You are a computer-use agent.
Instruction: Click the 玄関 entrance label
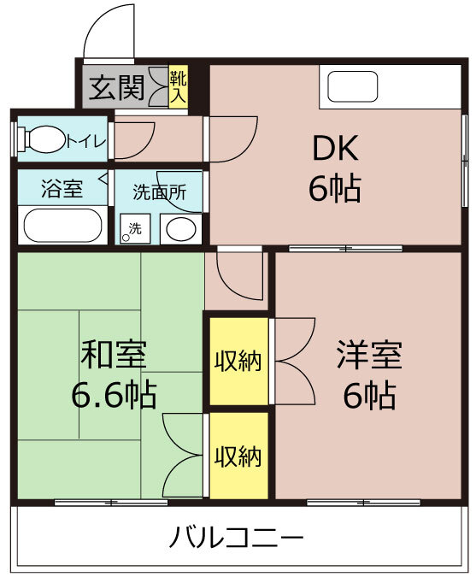click(x=116, y=88)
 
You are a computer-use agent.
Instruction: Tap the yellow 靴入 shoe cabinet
click(x=178, y=87)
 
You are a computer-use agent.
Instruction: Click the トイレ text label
click(x=86, y=141)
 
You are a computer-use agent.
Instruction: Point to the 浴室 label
click(x=62, y=189)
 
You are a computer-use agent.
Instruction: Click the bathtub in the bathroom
click(x=62, y=226)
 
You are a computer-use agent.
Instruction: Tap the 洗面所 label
click(x=160, y=192)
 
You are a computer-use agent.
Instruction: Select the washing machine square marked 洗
click(x=135, y=228)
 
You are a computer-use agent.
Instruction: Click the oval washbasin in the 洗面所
click(x=181, y=228)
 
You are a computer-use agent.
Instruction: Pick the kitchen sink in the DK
click(x=353, y=86)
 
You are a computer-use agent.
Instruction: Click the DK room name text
click(x=336, y=148)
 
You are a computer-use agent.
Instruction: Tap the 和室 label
click(x=114, y=355)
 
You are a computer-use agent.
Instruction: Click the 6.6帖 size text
click(x=114, y=394)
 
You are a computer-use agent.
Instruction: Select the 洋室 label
click(x=369, y=355)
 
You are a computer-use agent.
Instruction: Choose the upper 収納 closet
click(x=238, y=361)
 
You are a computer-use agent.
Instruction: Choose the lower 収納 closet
click(x=238, y=456)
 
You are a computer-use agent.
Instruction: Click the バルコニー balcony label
click(x=237, y=538)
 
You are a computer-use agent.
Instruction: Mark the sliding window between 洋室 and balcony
click(x=364, y=503)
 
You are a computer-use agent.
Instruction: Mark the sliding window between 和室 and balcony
click(x=111, y=503)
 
